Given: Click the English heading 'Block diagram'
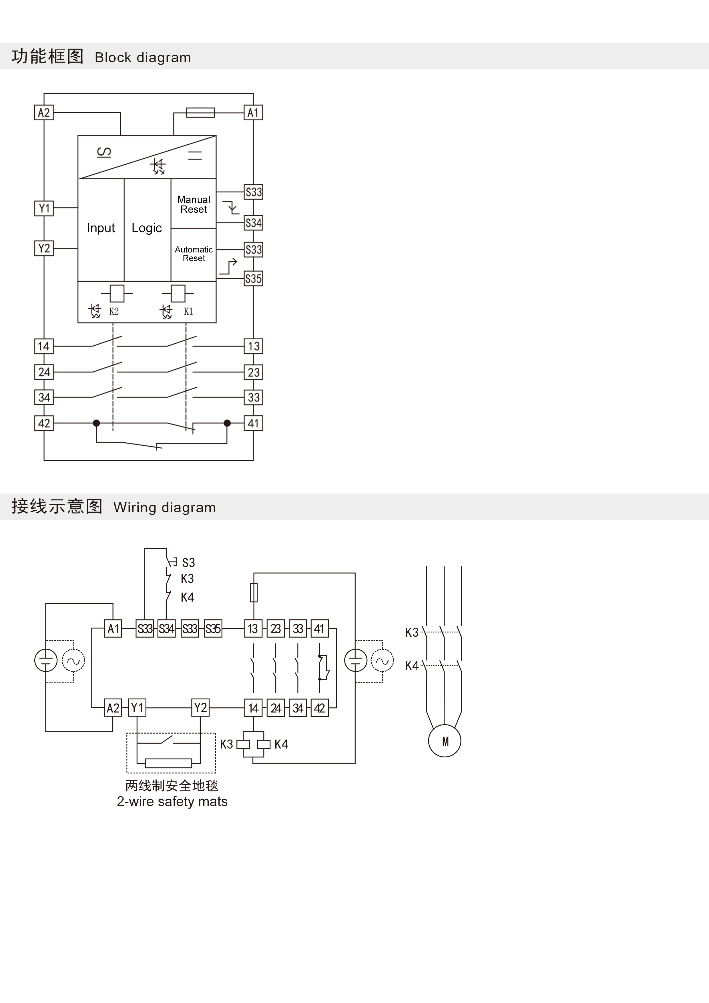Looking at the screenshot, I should click(143, 57).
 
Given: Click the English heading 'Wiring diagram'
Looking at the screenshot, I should click(164, 507).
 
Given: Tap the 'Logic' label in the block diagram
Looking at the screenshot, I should click(146, 228).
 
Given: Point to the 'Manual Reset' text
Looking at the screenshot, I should click(194, 204).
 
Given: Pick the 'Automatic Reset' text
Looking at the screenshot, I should click(194, 254).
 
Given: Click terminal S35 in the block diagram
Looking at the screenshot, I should click(253, 279).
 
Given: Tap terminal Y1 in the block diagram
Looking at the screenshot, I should click(44, 208).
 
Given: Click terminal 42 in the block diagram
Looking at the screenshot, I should click(44, 423).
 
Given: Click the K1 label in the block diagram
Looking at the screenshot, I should click(188, 311).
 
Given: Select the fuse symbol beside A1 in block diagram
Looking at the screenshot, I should click(200, 113).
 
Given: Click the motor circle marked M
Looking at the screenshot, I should click(445, 741).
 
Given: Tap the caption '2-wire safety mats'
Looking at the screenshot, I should click(172, 802).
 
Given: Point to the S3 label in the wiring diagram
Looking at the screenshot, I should click(188, 563).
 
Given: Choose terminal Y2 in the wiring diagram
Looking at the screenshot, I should click(200, 708).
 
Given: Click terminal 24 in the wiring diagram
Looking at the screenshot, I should click(276, 708).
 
